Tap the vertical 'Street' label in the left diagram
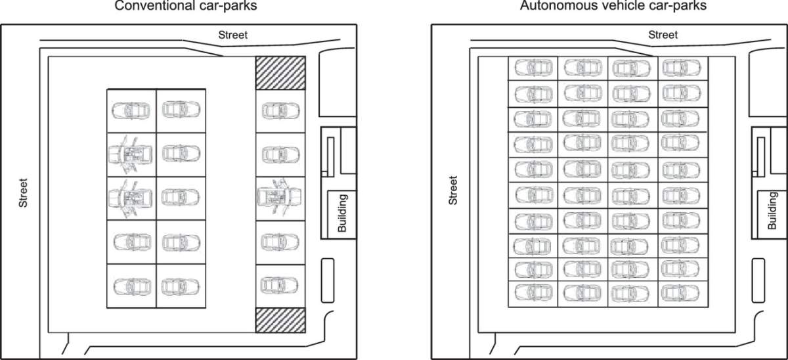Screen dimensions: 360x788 click(24, 193)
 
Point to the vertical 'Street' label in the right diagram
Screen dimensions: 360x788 click(452, 190)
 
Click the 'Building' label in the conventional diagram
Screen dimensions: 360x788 click(342, 213)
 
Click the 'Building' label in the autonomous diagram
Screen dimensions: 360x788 click(772, 211)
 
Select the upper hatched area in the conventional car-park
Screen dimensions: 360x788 click(280, 72)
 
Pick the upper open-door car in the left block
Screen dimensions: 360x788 click(131, 154)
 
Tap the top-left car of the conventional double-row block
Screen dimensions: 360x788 click(131, 110)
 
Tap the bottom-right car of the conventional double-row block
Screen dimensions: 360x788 click(181, 286)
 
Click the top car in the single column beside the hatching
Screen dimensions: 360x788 click(280, 110)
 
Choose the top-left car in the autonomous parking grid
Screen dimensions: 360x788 click(533, 68)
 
